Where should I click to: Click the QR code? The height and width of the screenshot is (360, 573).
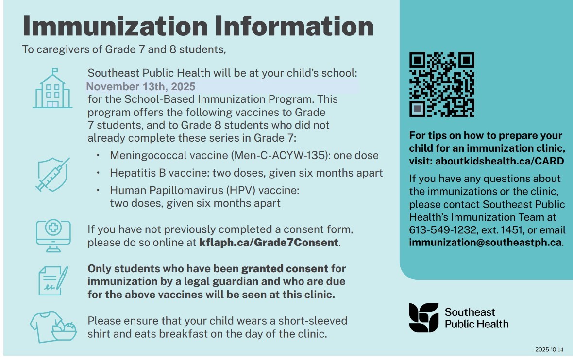pos(442,84)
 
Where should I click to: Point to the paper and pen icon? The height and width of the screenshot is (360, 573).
pos(52,280)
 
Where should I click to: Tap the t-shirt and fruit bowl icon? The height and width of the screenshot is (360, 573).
pos(53,327)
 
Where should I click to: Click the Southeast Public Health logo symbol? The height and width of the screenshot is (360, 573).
pos(423,318)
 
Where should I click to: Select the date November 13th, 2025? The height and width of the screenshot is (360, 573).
pos(141,87)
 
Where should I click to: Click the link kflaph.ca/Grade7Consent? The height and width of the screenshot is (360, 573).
pos(269,242)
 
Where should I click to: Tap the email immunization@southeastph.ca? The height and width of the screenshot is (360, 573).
pos(486,242)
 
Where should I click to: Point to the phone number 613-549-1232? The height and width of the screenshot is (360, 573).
pos(435,230)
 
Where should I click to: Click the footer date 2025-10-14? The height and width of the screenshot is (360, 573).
pos(549,349)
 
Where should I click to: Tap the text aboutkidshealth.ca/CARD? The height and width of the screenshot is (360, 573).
pos(500,161)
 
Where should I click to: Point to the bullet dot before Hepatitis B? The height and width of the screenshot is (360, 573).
pos(99,173)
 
